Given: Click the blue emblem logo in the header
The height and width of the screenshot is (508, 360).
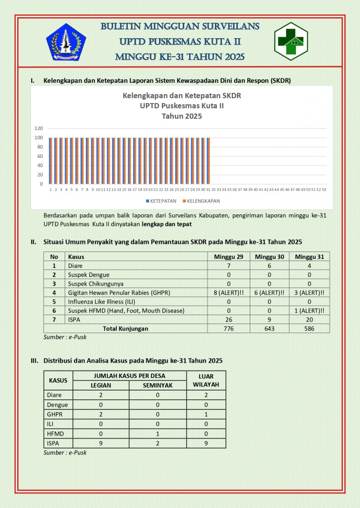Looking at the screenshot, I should coord(66,42).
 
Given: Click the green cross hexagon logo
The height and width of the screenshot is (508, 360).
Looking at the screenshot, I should coord(291,41).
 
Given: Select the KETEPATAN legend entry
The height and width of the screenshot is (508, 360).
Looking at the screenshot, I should coord(161,201).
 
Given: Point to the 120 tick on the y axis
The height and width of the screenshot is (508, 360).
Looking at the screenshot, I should coord(39,128).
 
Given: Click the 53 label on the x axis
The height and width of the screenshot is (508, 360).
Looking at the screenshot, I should coord(324,190).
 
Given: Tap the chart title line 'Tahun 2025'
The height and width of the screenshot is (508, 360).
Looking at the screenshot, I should coord(182,116).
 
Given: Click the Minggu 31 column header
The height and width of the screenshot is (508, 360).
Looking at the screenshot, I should coord(310,256).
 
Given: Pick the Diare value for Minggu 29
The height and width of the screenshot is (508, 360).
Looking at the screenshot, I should coord(228,266).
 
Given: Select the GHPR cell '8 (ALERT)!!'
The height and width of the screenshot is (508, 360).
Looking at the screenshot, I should coord(228,293).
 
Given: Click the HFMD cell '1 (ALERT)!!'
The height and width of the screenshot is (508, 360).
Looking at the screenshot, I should coord(310,311).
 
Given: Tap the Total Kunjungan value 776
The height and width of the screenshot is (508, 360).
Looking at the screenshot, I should coord(228,328).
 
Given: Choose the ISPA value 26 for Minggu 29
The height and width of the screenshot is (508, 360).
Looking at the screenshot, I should coord(228,319).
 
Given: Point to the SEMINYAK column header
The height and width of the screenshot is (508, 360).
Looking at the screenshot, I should coord(157,385).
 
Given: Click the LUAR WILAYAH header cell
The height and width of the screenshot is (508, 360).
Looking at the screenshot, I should coord(206,381).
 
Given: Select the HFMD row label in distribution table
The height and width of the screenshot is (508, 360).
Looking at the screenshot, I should coord(52,434).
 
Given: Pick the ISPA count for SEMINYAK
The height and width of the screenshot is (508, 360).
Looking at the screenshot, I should coord(157,443).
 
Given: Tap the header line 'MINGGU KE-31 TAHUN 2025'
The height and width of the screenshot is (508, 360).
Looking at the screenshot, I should coord(180,57).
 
